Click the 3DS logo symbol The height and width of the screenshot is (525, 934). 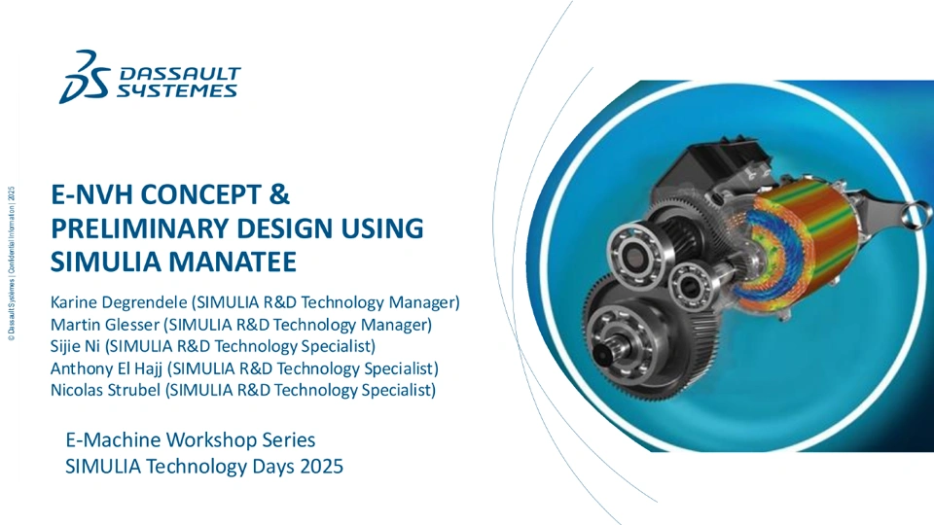click(x=85, y=78)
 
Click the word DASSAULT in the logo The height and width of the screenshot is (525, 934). click(x=180, y=74)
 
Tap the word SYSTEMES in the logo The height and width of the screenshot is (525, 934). click(x=177, y=90)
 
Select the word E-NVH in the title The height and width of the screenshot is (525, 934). click(x=92, y=194)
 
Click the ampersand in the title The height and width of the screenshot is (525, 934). click(x=279, y=194)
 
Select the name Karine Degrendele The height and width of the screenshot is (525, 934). click(x=119, y=303)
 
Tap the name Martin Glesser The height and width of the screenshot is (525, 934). click(x=105, y=325)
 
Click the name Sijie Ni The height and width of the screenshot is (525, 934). click(x=75, y=346)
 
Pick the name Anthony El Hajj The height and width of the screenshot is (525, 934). click(x=107, y=369)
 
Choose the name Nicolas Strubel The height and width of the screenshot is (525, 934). click(x=105, y=391)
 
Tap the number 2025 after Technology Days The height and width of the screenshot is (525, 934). click(x=322, y=466)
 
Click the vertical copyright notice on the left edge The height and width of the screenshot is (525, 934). click(x=12, y=263)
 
